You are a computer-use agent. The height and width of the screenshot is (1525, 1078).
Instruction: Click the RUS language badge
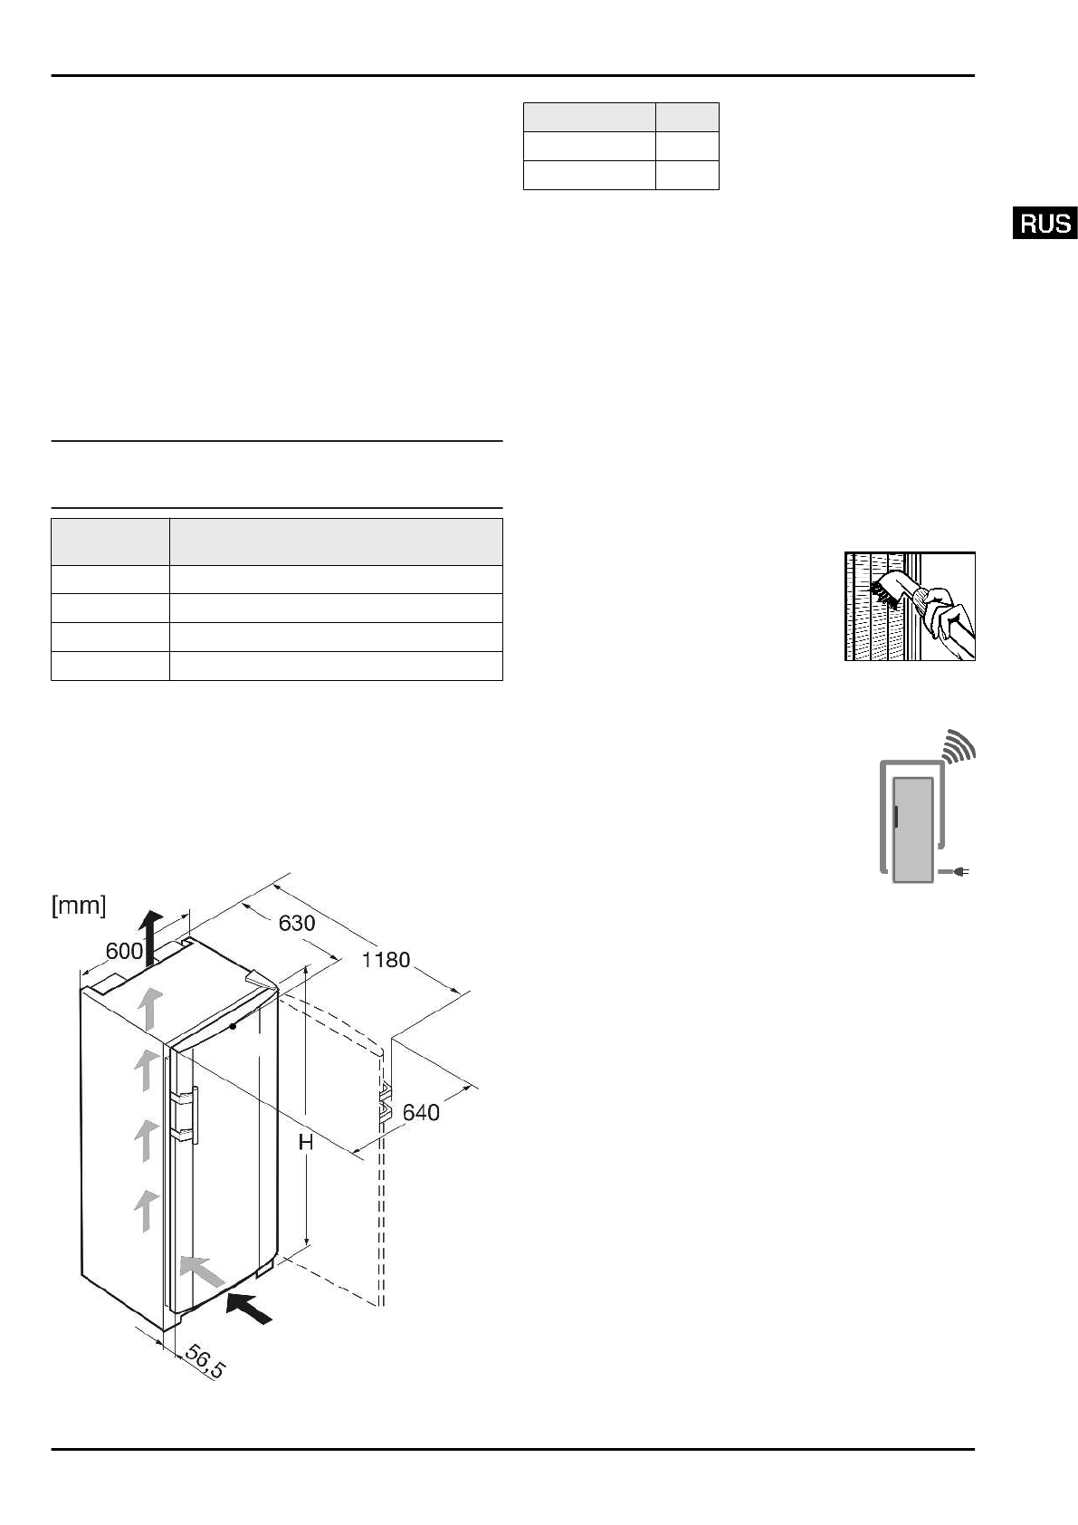[1045, 223]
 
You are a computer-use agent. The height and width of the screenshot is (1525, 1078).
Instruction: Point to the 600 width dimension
[124, 951]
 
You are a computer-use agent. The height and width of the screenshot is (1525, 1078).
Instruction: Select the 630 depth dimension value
[296, 923]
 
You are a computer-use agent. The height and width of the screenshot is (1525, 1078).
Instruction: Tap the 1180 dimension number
[386, 960]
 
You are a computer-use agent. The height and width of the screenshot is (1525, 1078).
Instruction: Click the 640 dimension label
[421, 1112]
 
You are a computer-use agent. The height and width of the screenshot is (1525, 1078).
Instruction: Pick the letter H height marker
[306, 1144]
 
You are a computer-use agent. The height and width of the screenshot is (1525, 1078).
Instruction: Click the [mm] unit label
[79, 905]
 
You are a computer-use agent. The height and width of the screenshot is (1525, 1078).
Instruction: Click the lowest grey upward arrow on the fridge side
[144, 1211]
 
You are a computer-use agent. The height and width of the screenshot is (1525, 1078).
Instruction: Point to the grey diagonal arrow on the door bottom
[201, 1271]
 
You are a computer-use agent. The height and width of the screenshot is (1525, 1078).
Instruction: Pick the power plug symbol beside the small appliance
[957, 872]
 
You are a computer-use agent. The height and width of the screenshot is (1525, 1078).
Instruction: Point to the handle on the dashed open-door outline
[385, 1098]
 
